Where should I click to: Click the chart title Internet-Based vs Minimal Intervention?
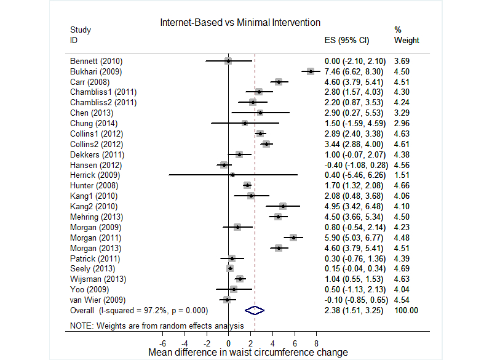[x=240, y=22]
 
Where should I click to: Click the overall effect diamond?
[x=254, y=310]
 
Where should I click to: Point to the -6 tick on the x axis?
[x=163, y=343]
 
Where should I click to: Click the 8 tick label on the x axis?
[x=316, y=343]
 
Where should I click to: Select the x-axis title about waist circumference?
[x=248, y=353]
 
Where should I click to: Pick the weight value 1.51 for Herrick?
[x=402, y=175]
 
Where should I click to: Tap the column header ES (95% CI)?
[x=346, y=41]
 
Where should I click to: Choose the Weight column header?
[x=406, y=41]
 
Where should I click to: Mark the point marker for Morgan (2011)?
[x=293, y=238]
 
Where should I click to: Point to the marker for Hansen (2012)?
[x=224, y=165]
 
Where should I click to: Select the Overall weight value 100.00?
[x=406, y=310]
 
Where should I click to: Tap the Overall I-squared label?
[x=135, y=310]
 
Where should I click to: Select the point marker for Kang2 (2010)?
[x=283, y=206]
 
